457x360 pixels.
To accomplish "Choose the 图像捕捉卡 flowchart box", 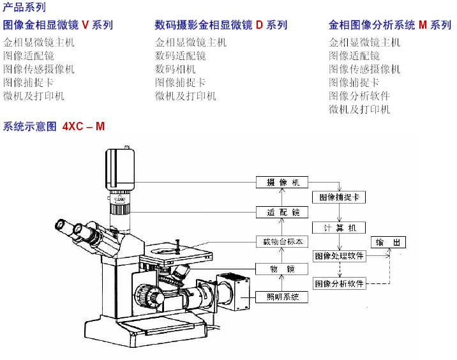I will click(x=339, y=197).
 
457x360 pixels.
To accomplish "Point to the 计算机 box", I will click(x=339, y=227).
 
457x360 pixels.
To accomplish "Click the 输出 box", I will click(x=389, y=243).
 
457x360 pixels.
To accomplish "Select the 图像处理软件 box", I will click(x=339, y=256).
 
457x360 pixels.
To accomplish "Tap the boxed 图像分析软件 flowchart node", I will click(x=339, y=283).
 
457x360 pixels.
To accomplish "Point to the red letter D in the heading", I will click(x=259, y=26).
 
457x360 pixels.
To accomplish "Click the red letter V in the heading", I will click(x=85, y=26).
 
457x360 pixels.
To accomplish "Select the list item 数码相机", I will click(x=176, y=69).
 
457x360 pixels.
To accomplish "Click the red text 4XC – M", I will click(x=84, y=126).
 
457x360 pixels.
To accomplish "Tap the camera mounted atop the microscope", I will click(x=121, y=166).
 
